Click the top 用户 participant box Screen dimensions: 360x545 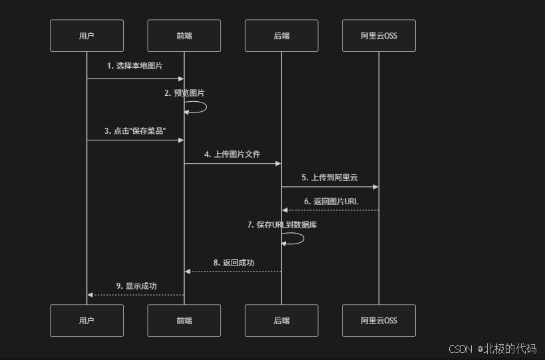point(87,36)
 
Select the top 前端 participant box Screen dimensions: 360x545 point(184,36)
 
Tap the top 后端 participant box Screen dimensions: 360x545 point(281,36)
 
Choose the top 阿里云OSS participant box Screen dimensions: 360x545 point(379,36)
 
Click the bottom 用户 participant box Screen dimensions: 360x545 point(87,321)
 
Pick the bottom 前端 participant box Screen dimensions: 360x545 point(184,321)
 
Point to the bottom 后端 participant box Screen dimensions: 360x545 point(281,321)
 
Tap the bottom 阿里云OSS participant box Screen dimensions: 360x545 point(379,321)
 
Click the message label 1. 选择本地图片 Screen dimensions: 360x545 point(135,66)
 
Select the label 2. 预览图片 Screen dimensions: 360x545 point(184,93)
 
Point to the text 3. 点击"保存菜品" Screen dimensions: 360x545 point(135,131)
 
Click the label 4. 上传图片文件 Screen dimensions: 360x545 point(232,154)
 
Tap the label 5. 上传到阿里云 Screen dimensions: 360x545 point(329,178)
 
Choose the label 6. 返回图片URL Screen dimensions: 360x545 point(330,201)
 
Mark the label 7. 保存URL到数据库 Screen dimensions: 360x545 point(281,225)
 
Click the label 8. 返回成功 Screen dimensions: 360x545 point(233,263)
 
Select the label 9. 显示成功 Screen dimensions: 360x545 point(136,286)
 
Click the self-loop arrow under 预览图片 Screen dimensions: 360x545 point(198,107)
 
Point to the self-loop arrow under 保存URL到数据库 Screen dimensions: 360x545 point(295,238)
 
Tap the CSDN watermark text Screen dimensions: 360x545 point(492,349)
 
